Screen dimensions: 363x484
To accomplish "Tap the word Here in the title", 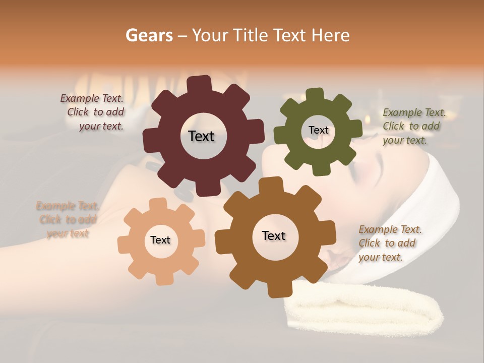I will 330,35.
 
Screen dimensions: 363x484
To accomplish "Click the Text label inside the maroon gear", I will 201,136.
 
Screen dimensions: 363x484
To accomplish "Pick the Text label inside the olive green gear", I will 318,130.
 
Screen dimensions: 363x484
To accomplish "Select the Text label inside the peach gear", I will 160,240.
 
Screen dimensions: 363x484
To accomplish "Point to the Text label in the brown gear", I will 274,235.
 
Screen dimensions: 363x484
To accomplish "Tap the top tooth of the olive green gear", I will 315,95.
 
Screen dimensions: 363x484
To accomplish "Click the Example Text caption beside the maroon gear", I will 93,112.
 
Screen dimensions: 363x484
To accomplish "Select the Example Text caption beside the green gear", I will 413,126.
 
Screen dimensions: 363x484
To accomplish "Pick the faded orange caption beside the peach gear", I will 67,219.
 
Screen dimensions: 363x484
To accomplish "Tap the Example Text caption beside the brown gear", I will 389,243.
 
